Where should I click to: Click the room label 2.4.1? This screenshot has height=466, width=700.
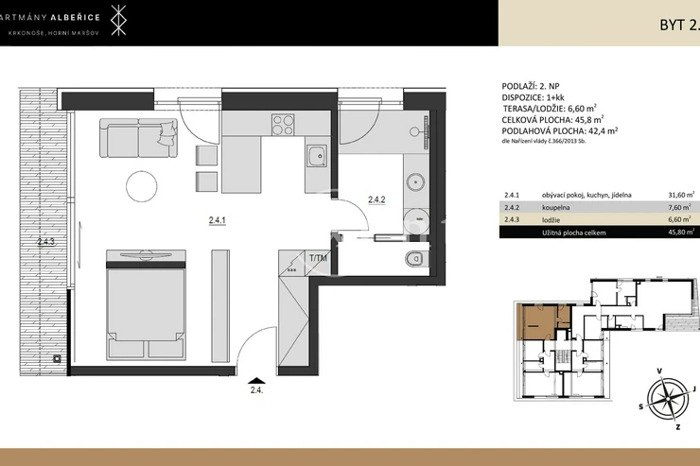(218, 220)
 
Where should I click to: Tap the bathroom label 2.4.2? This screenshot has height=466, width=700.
(376, 199)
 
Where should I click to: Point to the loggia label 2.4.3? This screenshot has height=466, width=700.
(46, 242)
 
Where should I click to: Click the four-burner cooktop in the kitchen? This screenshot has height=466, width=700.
(283, 125)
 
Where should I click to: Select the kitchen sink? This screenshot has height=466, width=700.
(318, 157)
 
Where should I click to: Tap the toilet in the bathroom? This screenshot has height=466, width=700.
(414, 259)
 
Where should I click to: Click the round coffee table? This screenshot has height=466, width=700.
(142, 186)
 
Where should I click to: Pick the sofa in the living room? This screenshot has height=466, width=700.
(138, 138)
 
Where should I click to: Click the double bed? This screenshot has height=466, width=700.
(146, 304)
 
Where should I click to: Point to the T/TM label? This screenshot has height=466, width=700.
(318, 258)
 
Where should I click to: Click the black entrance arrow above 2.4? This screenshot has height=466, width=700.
(256, 380)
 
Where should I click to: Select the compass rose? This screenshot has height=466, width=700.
(668, 396)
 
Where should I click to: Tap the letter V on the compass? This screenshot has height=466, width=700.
(659, 371)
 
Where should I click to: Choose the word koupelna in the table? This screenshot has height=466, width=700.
(556, 207)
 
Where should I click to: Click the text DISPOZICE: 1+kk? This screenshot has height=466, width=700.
(530, 97)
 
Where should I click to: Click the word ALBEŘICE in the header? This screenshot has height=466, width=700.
(75, 17)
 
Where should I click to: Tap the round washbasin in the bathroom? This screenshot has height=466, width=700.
(416, 182)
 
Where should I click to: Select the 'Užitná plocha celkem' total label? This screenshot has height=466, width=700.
(574, 233)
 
